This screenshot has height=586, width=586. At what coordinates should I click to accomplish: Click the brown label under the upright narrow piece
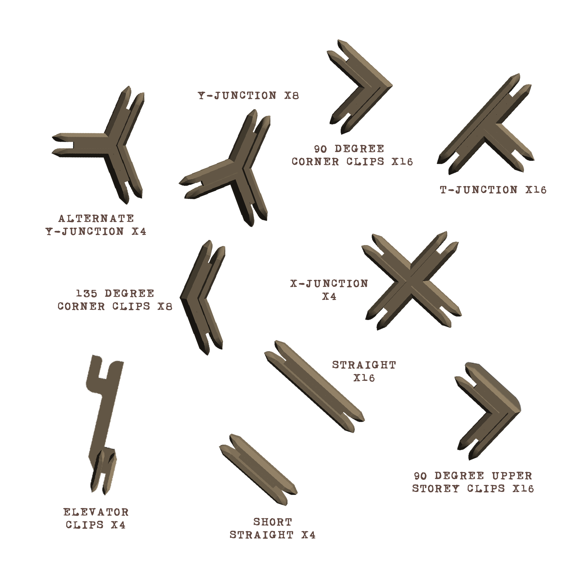(96, 518)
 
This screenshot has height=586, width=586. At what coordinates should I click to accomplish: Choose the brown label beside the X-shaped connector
(328, 290)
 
